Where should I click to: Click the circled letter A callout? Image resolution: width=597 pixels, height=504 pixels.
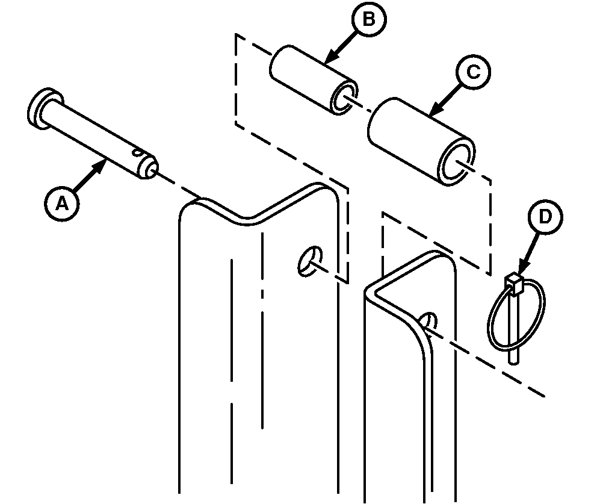[61, 204]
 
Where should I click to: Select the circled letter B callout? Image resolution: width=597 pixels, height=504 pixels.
[368, 19]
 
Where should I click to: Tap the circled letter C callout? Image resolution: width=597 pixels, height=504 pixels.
[473, 72]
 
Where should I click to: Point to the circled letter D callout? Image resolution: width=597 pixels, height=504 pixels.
[545, 217]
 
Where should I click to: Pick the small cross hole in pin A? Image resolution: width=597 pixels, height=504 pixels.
[137, 152]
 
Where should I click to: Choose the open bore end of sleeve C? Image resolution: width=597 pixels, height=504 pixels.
[457, 161]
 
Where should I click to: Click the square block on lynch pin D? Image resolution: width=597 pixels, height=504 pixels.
[514, 282]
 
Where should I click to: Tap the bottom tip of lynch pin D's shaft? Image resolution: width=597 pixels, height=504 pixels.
[513, 363]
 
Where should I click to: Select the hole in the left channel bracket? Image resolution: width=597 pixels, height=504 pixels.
[309, 261]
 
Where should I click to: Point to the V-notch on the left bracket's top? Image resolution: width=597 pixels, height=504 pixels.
[247, 222]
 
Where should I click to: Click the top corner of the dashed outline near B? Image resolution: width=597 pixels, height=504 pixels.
[236, 34]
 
